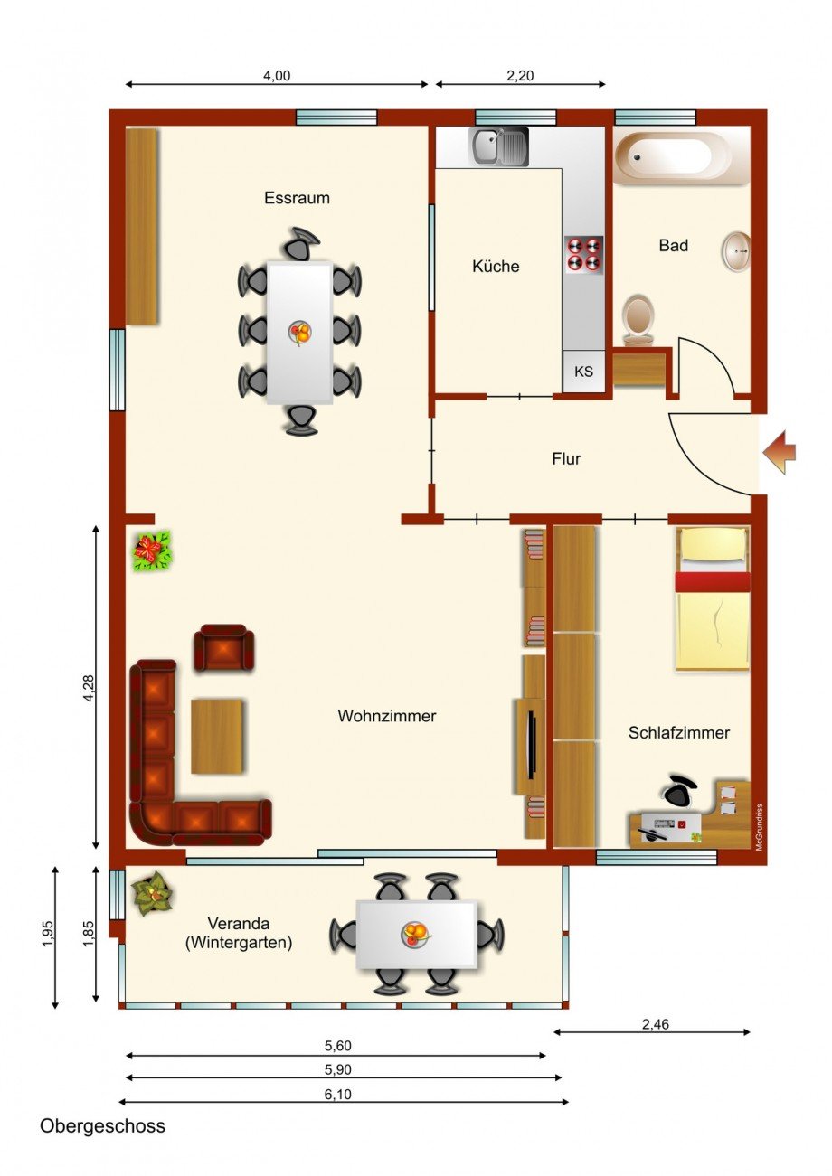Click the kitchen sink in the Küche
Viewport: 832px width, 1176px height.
tap(498, 146)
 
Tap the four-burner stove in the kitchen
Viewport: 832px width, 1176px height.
tap(583, 254)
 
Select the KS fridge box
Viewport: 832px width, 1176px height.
tap(583, 372)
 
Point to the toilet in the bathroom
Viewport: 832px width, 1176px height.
tap(638, 319)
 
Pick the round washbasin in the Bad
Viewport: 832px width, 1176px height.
tap(736, 250)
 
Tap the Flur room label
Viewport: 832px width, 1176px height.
tap(566, 459)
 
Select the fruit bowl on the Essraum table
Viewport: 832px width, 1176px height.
tap(299, 333)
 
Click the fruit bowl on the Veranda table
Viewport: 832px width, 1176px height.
tap(415, 933)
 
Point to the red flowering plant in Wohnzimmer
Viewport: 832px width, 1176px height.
tap(152, 550)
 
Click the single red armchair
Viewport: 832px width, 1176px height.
tap(223, 647)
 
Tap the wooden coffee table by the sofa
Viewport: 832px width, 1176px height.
tap(217, 736)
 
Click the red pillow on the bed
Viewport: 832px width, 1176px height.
tap(713, 582)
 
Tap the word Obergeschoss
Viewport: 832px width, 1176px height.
tap(102, 1127)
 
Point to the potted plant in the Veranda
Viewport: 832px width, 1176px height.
tap(153, 895)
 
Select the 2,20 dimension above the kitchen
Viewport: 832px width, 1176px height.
tap(520, 76)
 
